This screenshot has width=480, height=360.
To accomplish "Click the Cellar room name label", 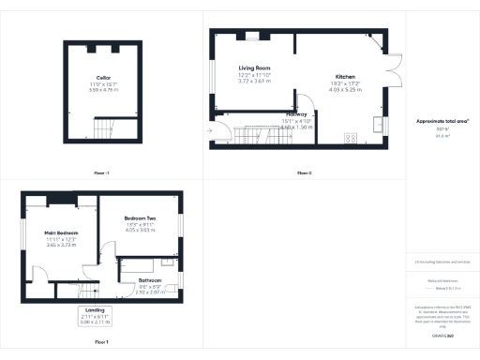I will tap(104, 77).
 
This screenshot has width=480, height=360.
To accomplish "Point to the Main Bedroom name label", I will tap(60, 232).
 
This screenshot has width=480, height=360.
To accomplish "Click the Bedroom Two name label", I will tap(140, 218).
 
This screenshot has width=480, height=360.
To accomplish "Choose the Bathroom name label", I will tap(150, 280).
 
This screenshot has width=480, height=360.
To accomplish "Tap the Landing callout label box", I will tap(96, 315).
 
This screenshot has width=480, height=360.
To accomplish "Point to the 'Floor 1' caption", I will tap(101, 343).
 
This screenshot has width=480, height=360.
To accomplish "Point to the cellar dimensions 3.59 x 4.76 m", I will tap(104, 90).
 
